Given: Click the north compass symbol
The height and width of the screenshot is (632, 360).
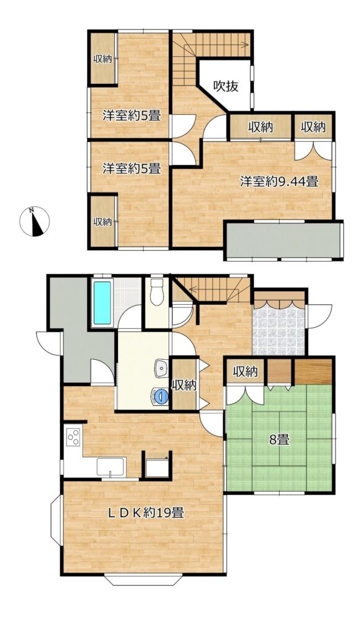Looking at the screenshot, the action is (35, 222).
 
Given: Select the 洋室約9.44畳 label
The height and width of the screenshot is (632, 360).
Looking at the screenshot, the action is (279, 182).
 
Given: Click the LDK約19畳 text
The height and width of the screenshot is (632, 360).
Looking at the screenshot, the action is (146, 513).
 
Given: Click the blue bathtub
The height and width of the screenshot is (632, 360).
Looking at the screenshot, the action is (103, 302).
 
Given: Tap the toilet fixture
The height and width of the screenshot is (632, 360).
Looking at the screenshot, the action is (156, 292).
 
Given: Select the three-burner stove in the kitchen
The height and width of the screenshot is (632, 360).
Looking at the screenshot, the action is (73, 437).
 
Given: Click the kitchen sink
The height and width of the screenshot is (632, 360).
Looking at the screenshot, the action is (111, 467).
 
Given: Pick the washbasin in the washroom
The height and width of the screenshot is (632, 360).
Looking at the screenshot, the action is (161, 368).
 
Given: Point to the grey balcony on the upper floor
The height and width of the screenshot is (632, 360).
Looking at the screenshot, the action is (283, 240).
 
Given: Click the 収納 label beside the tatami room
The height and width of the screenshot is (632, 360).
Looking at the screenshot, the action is (245, 372).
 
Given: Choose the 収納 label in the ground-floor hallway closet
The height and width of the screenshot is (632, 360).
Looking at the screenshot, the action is (184, 386).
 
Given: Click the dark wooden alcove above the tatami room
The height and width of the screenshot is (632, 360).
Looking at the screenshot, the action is (313, 371).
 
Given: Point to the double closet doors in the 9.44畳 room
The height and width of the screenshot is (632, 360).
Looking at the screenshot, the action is (313, 150).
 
